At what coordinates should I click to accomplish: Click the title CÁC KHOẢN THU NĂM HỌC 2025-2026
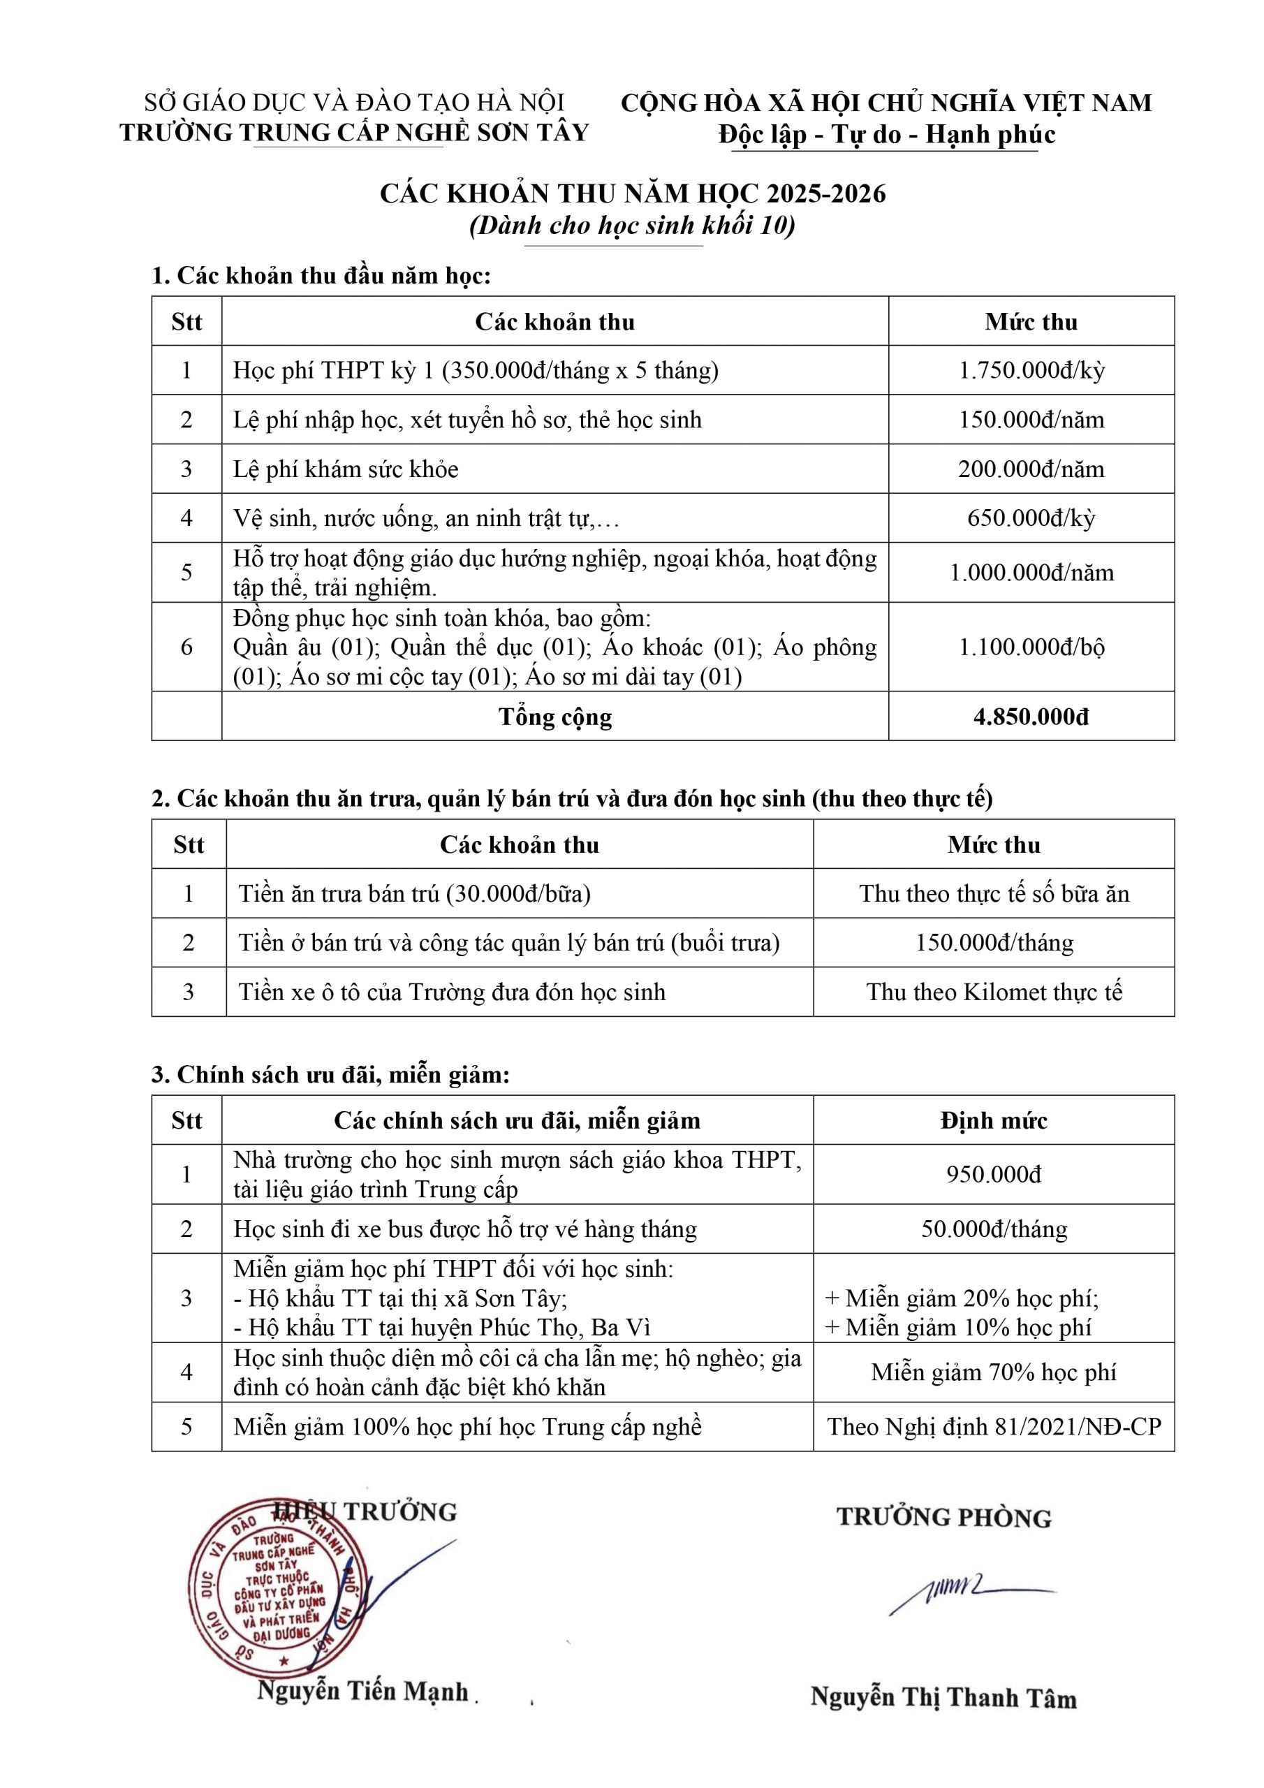coord(633,193)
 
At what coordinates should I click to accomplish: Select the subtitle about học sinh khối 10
coord(633,225)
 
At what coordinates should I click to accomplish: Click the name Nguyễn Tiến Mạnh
coord(363,1692)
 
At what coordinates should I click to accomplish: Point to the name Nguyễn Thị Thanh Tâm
coord(943,1697)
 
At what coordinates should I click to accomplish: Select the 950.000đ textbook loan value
coord(993,1173)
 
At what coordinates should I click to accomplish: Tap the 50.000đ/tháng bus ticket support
coord(993,1229)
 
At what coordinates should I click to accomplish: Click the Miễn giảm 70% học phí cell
coord(993,1372)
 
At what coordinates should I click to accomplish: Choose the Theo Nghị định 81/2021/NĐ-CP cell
coord(993,1427)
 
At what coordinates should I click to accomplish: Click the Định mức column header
coord(993,1120)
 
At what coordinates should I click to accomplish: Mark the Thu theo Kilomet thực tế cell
coord(993,992)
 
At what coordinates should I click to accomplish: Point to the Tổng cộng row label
coord(554,717)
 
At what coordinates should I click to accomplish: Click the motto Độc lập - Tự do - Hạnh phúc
coord(886,134)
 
